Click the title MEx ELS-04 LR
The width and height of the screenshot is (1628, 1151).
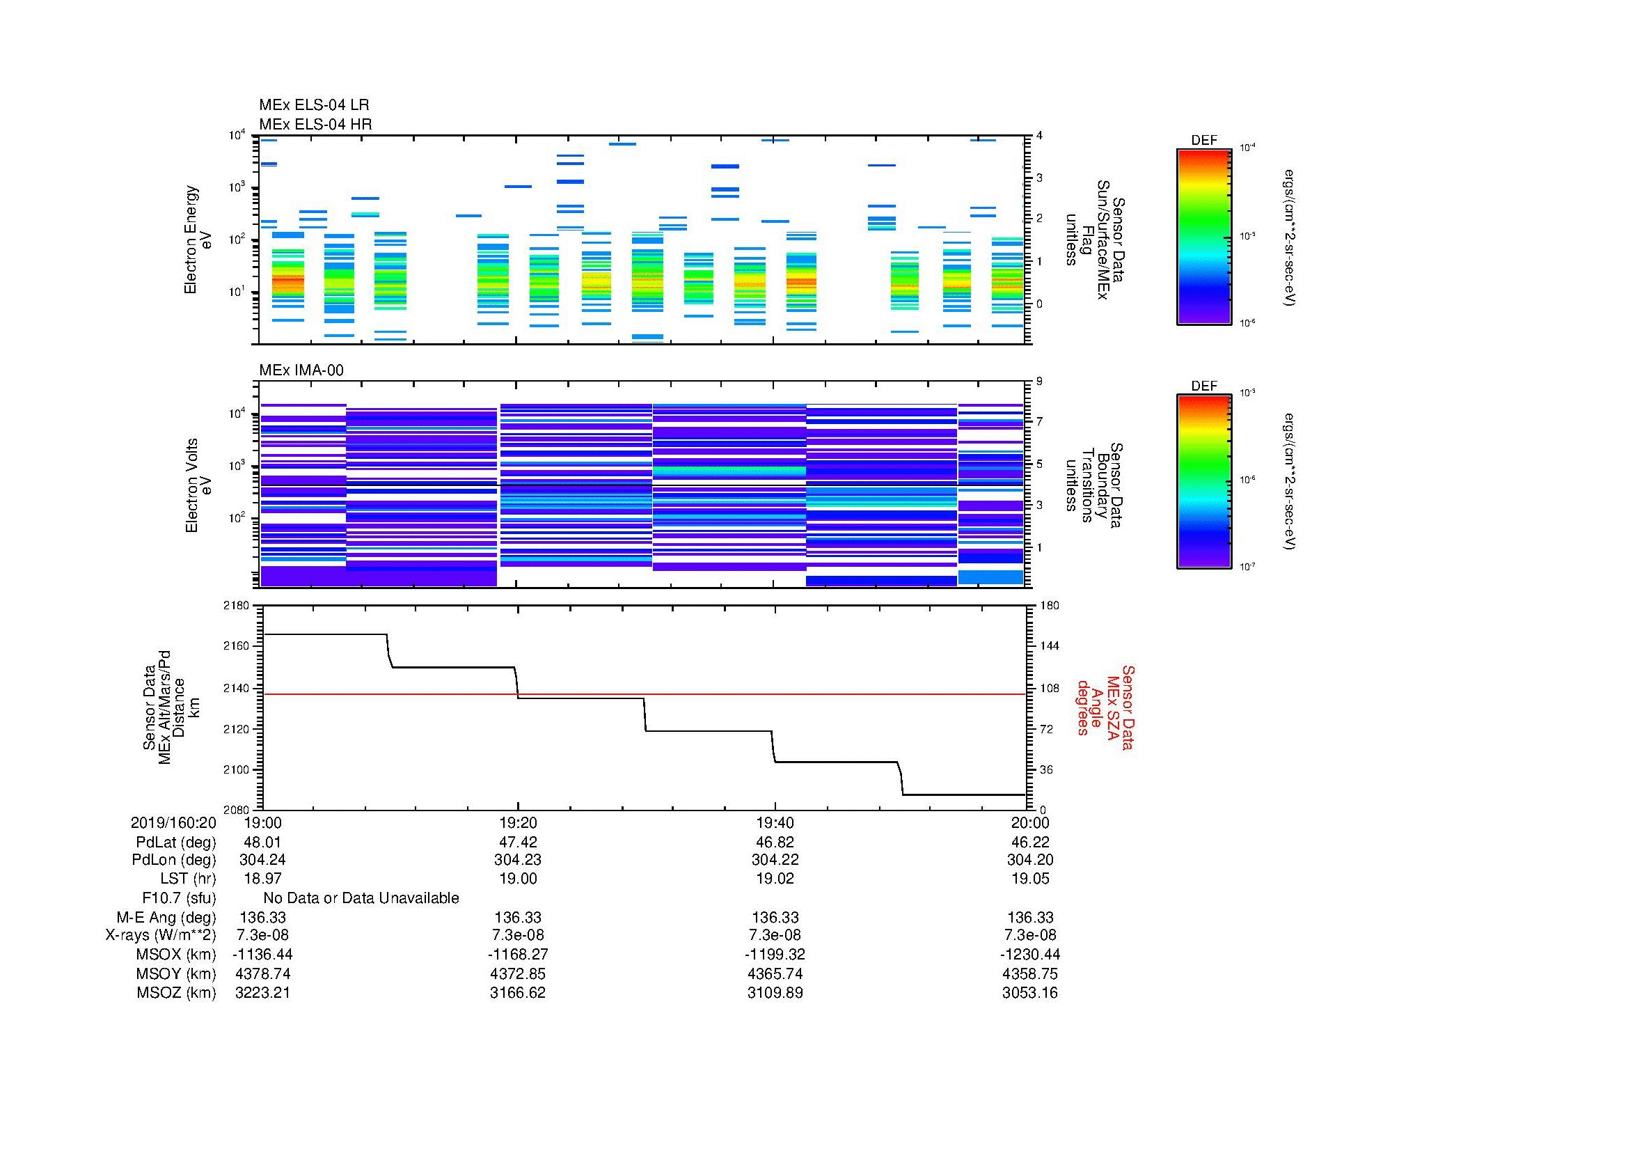313,105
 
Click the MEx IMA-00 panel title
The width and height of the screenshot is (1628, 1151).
301,370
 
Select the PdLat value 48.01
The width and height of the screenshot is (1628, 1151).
262,842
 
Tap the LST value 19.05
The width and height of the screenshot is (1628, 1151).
1029,879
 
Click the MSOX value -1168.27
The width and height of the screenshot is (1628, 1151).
518,955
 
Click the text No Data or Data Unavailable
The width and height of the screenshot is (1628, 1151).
361,898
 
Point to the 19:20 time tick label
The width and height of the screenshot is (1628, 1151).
518,822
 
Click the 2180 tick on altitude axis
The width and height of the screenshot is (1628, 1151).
236,606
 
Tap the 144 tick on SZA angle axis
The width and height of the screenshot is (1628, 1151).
1049,646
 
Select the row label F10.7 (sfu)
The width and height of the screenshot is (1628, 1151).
179,898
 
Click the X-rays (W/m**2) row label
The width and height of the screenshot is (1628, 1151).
160,935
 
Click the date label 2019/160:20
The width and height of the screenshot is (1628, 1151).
173,822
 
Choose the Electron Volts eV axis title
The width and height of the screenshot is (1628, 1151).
199,485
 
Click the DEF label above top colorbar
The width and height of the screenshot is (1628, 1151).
1203,141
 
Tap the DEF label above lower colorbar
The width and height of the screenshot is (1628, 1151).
1203,386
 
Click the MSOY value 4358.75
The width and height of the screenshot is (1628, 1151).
1029,973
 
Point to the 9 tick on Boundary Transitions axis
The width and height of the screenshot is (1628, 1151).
1039,382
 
